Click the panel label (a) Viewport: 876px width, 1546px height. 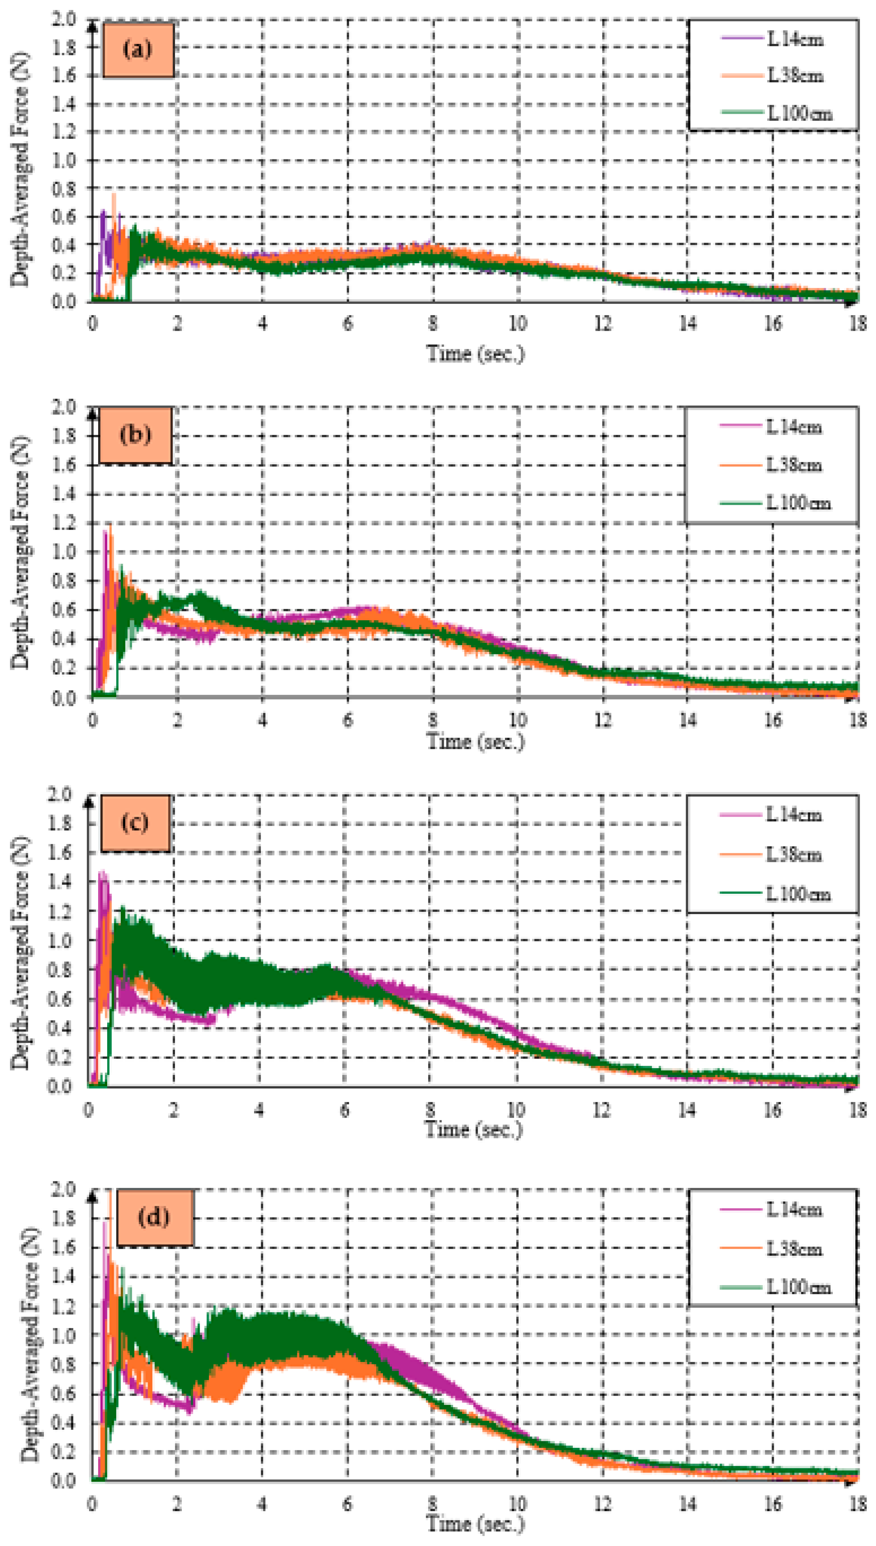pos(138,49)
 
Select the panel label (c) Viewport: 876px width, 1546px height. pos(135,822)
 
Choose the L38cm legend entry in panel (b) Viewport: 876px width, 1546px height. pos(793,465)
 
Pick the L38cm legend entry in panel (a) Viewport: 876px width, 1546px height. pos(794,76)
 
